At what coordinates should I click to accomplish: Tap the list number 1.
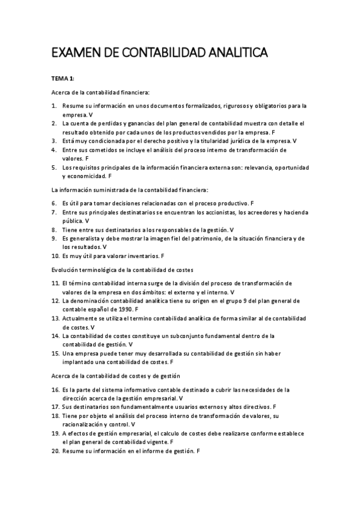pyautogui.click(x=53, y=106)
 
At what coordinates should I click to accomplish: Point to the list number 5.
pyautogui.click(x=53, y=168)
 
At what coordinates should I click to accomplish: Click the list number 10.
pyautogui.click(x=54, y=256)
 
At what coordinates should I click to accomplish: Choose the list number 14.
pyautogui.click(x=54, y=336)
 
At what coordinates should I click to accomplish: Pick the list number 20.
pyautogui.click(x=54, y=450)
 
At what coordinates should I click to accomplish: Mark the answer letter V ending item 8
pyautogui.click(x=232, y=230)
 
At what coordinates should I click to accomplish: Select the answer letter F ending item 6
pyautogui.click(x=252, y=203)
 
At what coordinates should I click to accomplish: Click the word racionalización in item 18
pyautogui.click(x=88, y=424)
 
